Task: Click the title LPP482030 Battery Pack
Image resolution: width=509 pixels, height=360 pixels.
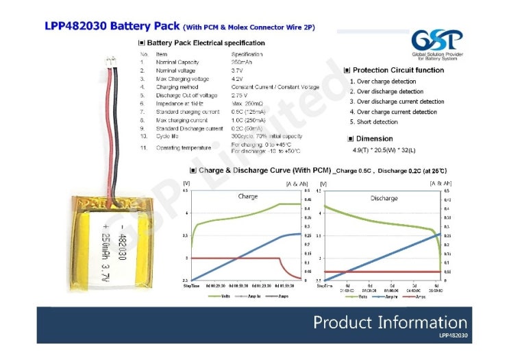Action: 112,27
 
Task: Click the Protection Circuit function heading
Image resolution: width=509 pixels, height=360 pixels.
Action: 398,70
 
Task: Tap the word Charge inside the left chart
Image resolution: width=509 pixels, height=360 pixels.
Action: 248,196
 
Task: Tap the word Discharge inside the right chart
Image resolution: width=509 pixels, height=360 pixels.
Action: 384,198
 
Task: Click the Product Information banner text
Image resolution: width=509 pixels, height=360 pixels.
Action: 390,322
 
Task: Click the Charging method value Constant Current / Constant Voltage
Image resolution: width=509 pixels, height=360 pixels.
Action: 275,87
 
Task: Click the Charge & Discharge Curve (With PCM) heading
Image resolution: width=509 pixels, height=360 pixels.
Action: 264,169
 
